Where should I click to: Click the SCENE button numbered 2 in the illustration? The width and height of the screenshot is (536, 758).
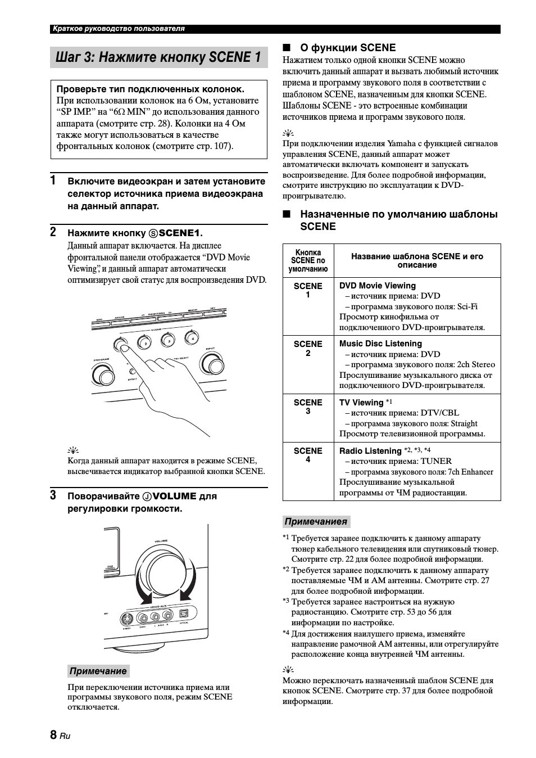click(x=145, y=342)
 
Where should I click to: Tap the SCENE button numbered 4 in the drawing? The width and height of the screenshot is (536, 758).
click(x=192, y=339)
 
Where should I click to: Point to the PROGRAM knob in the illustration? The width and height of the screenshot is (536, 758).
click(x=102, y=374)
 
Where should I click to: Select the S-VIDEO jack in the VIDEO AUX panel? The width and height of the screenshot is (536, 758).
click(x=127, y=620)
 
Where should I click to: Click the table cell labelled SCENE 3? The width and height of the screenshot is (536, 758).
click(x=308, y=407)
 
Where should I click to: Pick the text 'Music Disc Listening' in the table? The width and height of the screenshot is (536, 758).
click(x=380, y=344)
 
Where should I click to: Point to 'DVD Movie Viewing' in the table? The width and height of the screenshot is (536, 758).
click(x=378, y=286)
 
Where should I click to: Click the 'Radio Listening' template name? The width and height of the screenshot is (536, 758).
click(x=370, y=451)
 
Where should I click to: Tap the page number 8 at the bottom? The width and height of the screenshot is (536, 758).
click(x=53, y=735)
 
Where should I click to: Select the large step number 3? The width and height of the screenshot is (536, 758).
click(x=53, y=495)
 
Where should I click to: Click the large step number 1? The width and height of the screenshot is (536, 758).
click(x=53, y=181)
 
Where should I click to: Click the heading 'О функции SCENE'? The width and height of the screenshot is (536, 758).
click(x=348, y=48)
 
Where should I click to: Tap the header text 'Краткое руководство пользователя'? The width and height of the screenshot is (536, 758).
click(x=119, y=29)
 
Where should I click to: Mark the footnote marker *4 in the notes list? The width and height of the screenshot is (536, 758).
click(x=286, y=633)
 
